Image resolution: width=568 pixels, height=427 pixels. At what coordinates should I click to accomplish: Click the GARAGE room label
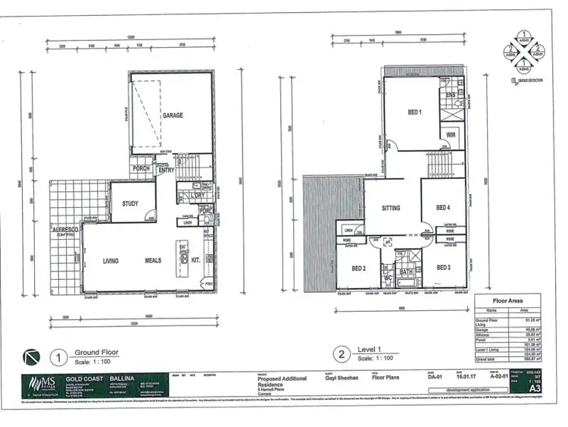(x=173, y=115)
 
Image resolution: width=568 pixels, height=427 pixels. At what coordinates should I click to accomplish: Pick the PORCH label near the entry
(x=141, y=168)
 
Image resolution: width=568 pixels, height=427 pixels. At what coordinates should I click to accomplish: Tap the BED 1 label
(x=414, y=112)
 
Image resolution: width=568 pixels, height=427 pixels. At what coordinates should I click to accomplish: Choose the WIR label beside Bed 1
(x=450, y=134)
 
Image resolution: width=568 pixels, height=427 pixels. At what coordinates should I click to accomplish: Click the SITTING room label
(x=391, y=207)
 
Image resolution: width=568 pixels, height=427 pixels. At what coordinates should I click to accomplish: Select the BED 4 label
(x=444, y=207)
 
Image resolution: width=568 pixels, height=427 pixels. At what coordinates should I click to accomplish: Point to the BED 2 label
(x=358, y=267)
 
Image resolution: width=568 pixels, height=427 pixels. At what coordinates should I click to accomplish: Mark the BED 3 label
(x=443, y=267)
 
